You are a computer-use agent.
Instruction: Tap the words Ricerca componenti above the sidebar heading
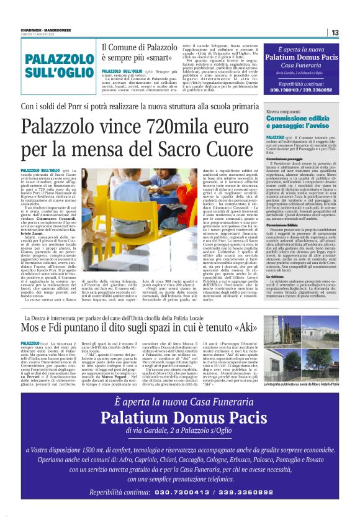point(284,111)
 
